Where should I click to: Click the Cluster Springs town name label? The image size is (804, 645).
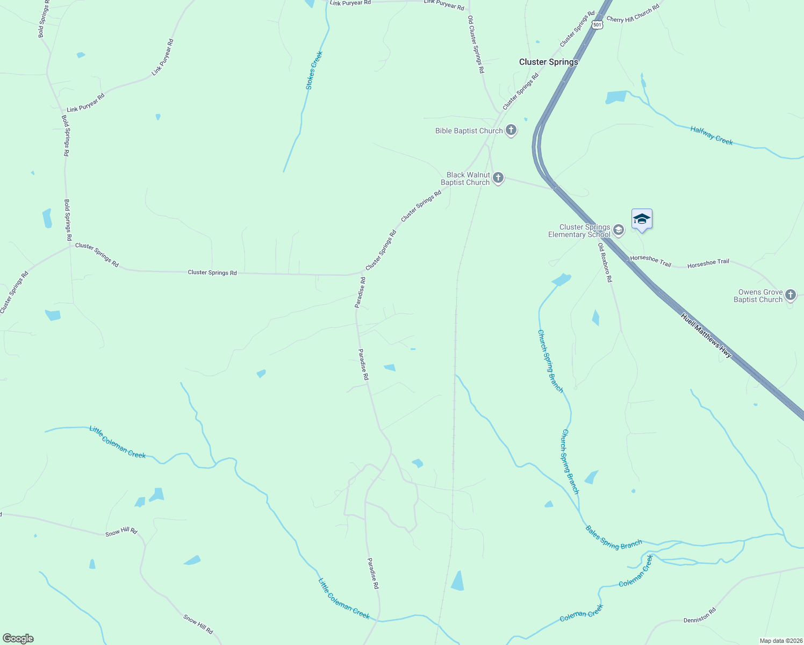548,62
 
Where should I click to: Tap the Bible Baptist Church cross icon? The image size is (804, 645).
511,130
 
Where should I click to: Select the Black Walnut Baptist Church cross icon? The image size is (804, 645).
498,178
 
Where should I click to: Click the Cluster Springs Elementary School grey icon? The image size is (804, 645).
619,231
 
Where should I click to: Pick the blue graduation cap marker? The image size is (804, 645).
642,219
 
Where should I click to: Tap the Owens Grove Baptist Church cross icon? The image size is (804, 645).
790,295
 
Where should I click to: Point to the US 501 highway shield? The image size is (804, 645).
597,25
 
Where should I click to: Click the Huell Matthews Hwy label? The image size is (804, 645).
706,335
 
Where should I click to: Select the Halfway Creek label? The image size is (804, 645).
712,135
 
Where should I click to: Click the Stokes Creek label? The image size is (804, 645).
314,70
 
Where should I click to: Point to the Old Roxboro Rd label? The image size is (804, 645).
605,262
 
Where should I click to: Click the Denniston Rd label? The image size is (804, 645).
700,615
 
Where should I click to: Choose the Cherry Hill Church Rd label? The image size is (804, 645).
633,15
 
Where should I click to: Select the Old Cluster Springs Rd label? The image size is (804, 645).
476,44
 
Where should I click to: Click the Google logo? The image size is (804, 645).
18,638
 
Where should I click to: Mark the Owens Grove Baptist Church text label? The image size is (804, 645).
758,296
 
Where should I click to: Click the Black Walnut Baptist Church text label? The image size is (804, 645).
465,178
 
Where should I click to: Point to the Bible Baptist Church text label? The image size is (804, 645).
469,131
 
